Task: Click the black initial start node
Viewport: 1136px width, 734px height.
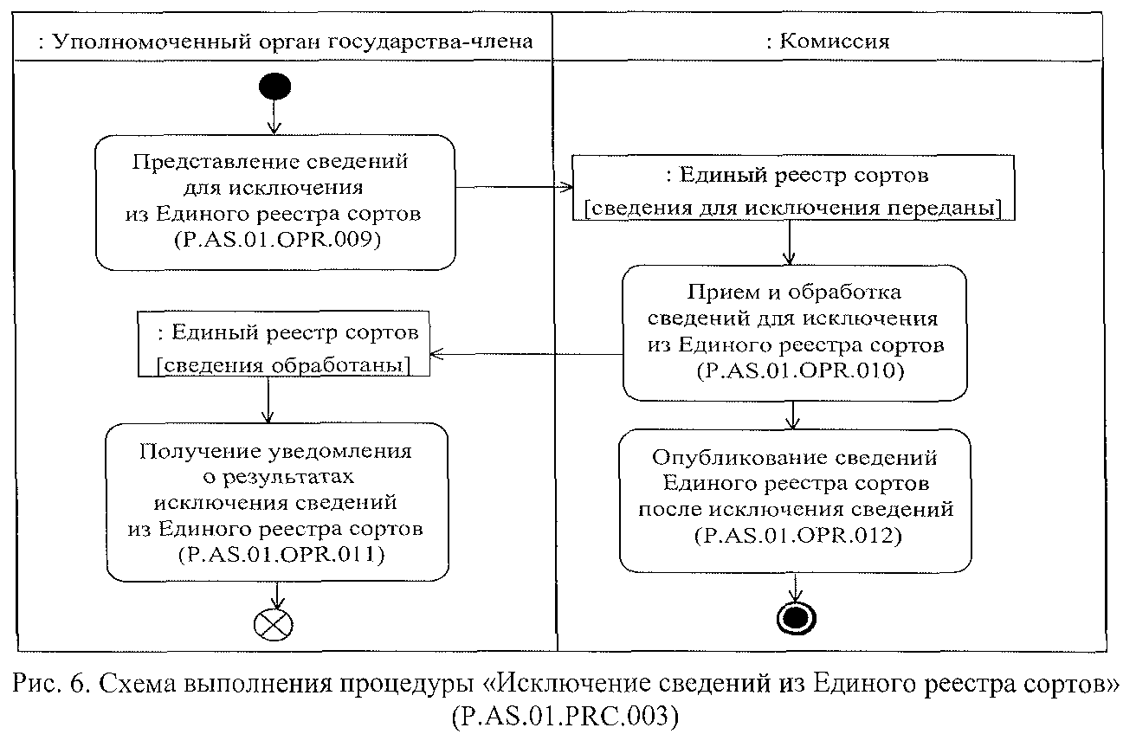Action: pyautogui.click(x=274, y=86)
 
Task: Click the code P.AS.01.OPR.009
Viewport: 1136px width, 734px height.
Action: pyautogui.click(x=275, y=241)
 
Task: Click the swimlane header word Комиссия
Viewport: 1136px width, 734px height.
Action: pyautogui.click(x=835, y=41)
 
